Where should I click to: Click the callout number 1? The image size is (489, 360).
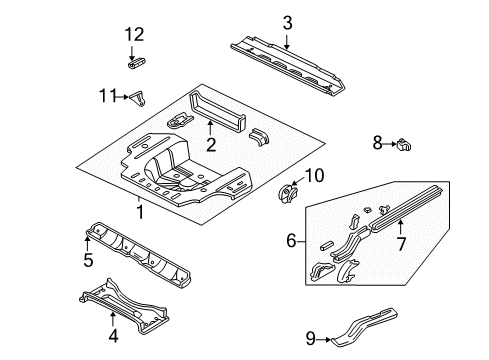tap(139, 212)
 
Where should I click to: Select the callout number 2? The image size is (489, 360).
tap(211, 145)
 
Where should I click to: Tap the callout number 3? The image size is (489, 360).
tap(287, 22)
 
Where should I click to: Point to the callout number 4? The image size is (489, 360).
tap(112, 335)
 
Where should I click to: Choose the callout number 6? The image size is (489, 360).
tap(292, 242)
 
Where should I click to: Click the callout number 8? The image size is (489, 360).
tap(378, 144)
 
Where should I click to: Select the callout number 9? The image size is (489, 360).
tap(309, 337)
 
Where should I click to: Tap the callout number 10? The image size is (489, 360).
tap(314, 176)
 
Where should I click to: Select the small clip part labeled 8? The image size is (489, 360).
tap(404, 145)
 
